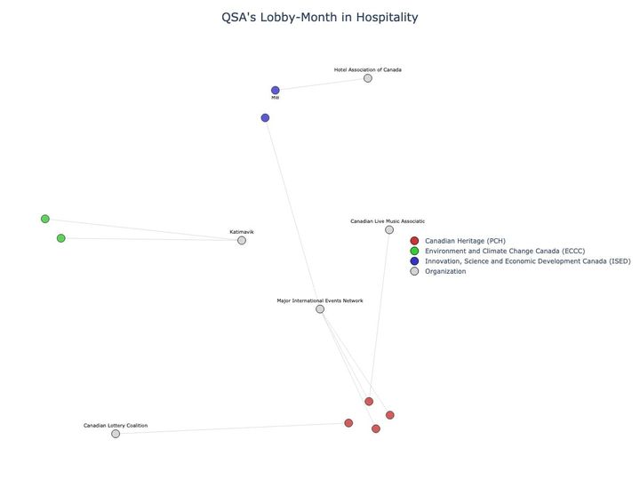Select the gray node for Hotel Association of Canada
[x=368, y=78]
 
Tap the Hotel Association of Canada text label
[x=368, y=69]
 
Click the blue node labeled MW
[x=276, y=91]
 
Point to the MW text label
[x=276, y=99]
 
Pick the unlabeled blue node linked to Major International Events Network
[x=265, y=118]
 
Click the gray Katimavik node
[x=242, y=240]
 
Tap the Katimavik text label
[x=242, y=231]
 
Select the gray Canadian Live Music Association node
[x=389, y=230]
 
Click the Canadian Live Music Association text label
[x=388, y=221]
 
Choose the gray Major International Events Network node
[x=320, y=309]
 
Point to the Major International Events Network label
[x=320, y=300]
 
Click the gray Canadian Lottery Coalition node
[x=116, y=434]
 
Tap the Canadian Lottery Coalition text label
[x=116, y=426]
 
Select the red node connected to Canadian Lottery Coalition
[x=348, y=423]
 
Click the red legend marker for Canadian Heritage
[x=414, y=241]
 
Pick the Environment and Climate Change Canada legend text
[x=505, y=252]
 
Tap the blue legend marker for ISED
[x=414, y=261]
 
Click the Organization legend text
[x=445, y=271]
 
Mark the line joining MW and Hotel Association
[x=322, y=84]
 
